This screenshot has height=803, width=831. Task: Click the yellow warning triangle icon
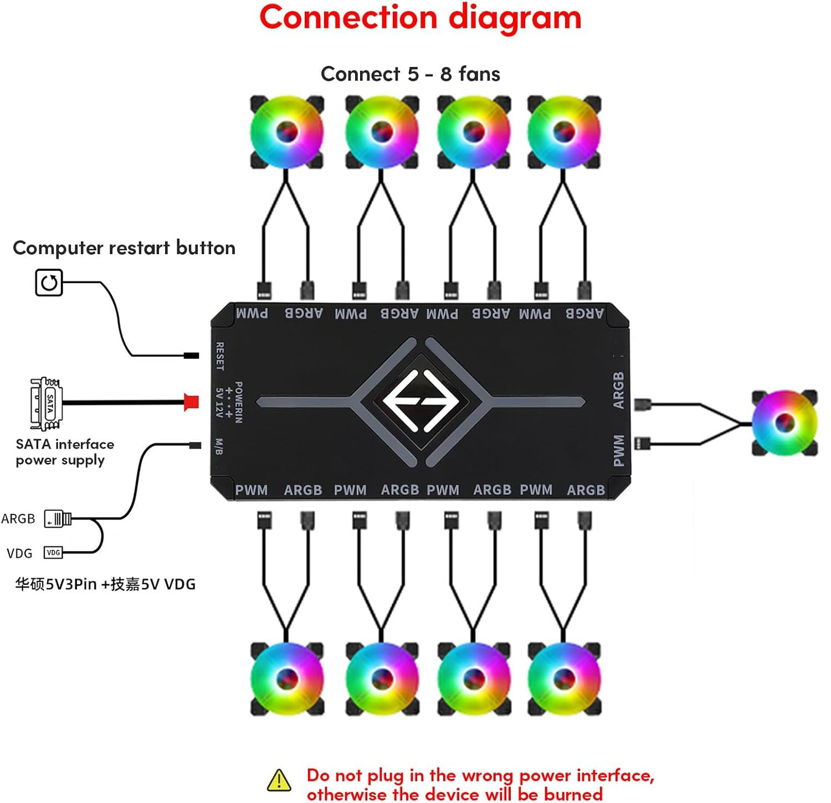[279, 780]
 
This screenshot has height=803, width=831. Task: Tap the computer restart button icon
[49, 283]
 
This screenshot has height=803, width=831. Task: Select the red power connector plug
[191, 401]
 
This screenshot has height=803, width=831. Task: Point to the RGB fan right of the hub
[784, 423]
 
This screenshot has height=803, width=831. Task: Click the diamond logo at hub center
[420, 401]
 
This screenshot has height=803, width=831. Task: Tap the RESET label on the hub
[220, 356]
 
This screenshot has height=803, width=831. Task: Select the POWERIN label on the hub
[239, 402]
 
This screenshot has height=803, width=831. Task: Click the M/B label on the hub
[219, 446]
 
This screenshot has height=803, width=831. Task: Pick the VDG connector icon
[53, 552]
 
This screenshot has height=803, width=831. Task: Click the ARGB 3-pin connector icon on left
[58, 519]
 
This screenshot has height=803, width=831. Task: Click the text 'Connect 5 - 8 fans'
[410, 74]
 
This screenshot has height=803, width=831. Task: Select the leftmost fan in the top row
[286, 132]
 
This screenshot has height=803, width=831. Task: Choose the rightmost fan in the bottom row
[564, 678]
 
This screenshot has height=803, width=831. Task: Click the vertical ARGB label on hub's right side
[619, 390]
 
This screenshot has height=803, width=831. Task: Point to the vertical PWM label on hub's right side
[619, 450]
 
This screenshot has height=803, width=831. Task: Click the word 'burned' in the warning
[573, 794]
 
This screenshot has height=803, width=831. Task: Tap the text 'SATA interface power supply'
[65, 452]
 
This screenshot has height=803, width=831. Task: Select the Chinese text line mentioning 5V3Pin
[105, 584]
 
